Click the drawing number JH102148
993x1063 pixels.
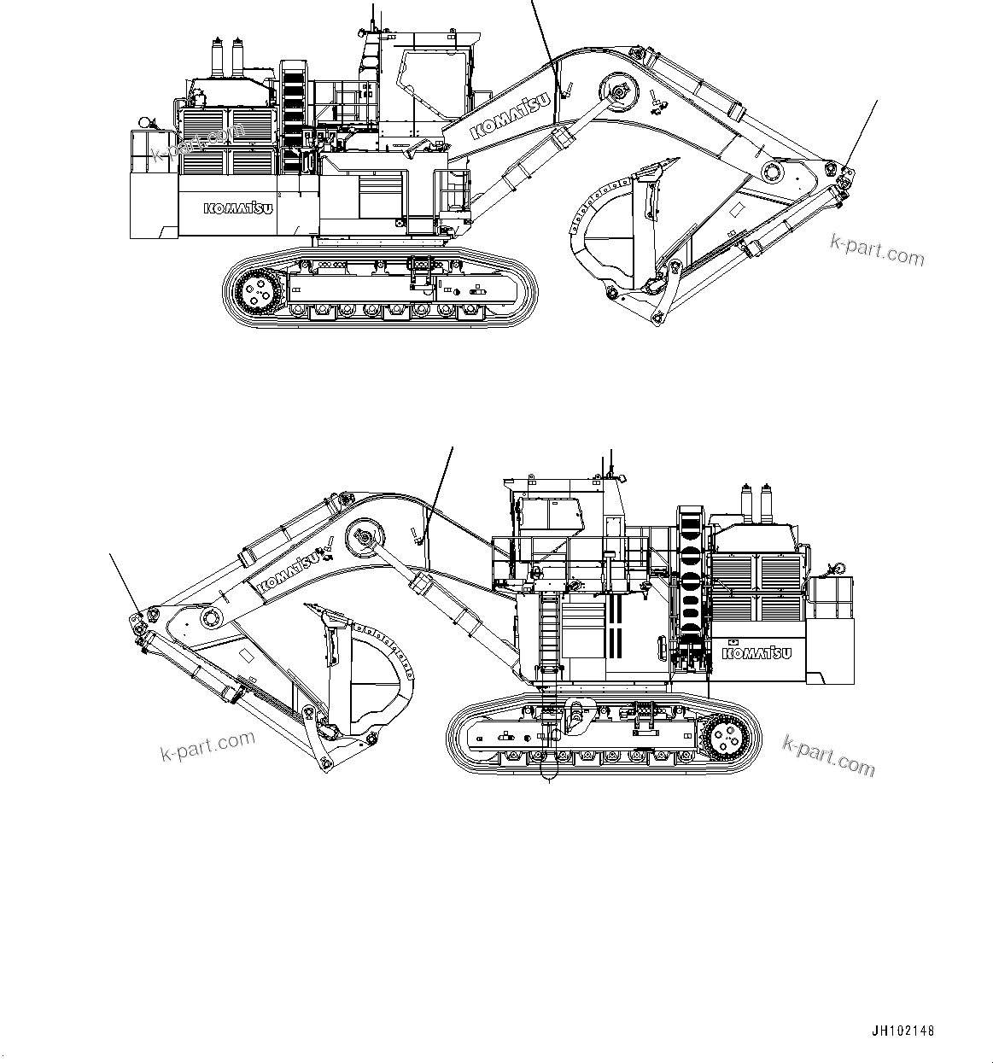pos(903,1031)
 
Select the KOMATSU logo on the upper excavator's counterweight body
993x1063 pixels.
pos(238,208)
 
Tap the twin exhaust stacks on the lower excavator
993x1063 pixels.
pos(757,505)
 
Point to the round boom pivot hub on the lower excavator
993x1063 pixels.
pos(362,540)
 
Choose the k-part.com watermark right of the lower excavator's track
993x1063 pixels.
pos(828,756)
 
